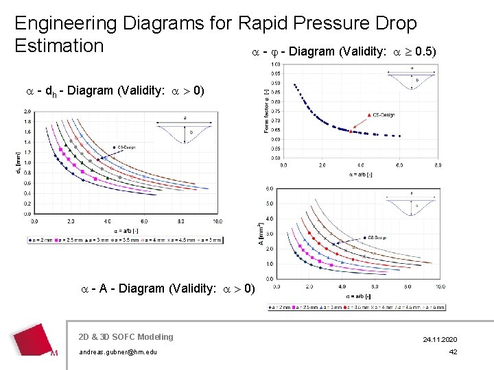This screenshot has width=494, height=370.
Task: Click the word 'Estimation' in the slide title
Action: [59, 46]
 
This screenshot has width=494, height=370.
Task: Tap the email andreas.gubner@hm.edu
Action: [118, 352]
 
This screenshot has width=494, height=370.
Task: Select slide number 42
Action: [452, 352]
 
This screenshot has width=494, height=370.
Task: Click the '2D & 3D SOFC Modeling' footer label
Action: [126, 336]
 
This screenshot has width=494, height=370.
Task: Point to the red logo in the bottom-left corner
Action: [34, 340]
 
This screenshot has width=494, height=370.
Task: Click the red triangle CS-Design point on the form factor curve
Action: [351, 130]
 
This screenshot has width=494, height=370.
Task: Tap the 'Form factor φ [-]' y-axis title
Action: [266, 109]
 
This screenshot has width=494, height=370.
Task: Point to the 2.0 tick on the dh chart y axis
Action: [26, 111]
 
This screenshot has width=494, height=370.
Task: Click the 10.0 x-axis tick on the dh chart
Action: [217, 222]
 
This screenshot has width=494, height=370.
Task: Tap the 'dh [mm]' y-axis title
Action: [18, 162]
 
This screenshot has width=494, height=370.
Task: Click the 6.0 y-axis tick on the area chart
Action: [270, 188]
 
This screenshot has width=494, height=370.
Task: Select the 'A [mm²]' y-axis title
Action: [261, 234]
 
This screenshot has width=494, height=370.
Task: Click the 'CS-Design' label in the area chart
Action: [377, 237]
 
